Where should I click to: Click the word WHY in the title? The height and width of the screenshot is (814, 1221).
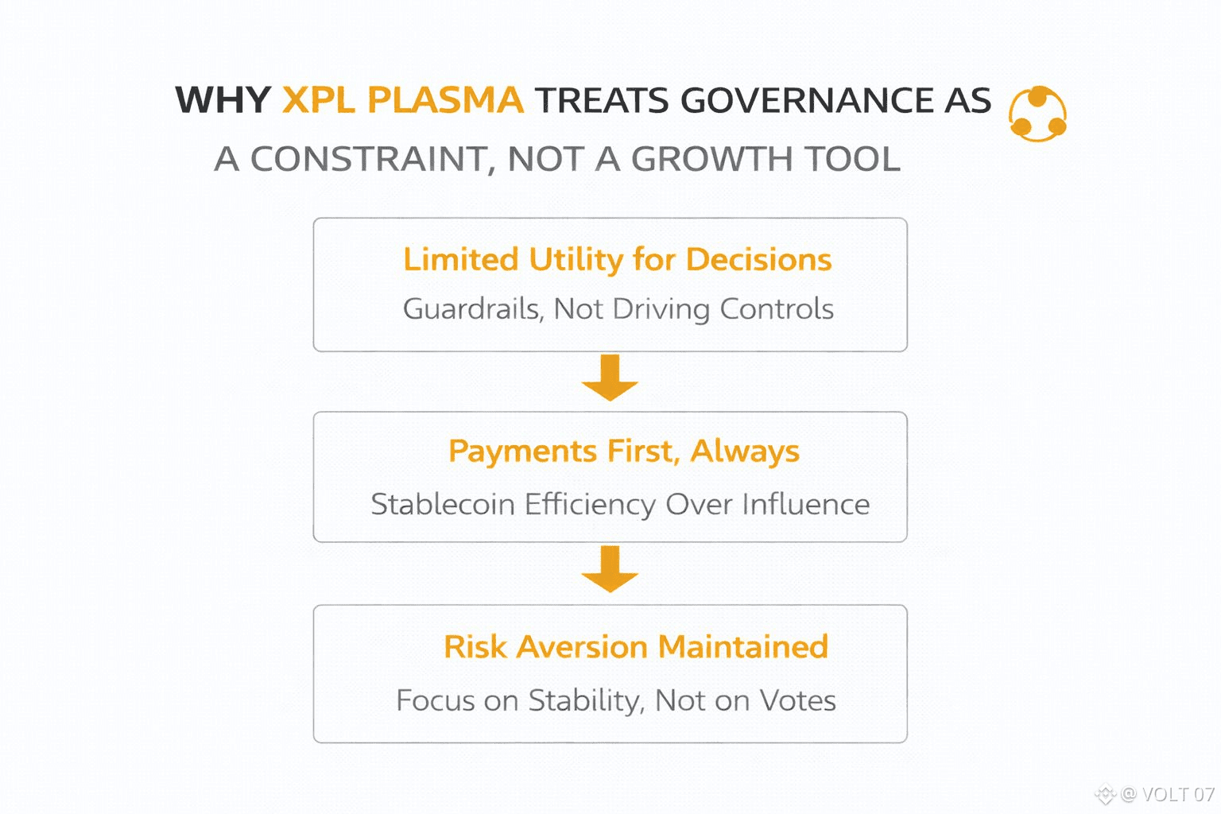[223, 100]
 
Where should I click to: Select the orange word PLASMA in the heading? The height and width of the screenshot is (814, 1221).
[445, 100]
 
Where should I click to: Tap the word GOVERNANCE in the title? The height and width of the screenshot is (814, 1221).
[807, 100]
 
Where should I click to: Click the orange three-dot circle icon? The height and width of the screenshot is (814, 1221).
[1037, 114]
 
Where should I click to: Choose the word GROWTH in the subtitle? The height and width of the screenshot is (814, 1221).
[712, 159]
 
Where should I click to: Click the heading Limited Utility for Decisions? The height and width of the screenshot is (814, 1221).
[618, 259]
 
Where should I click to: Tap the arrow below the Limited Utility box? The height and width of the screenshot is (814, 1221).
[610, 378]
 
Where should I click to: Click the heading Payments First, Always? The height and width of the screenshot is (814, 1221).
[623, 452]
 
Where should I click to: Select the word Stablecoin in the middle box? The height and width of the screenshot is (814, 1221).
[443, 504]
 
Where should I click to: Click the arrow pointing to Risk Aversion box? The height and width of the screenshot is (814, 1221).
[610, 568]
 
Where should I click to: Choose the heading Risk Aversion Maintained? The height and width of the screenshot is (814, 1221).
[636, 646]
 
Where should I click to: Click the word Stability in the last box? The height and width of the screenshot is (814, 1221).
[587, 701]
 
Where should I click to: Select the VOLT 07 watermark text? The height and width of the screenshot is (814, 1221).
[1177, 794]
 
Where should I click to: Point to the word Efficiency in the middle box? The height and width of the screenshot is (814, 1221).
[590, 504]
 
